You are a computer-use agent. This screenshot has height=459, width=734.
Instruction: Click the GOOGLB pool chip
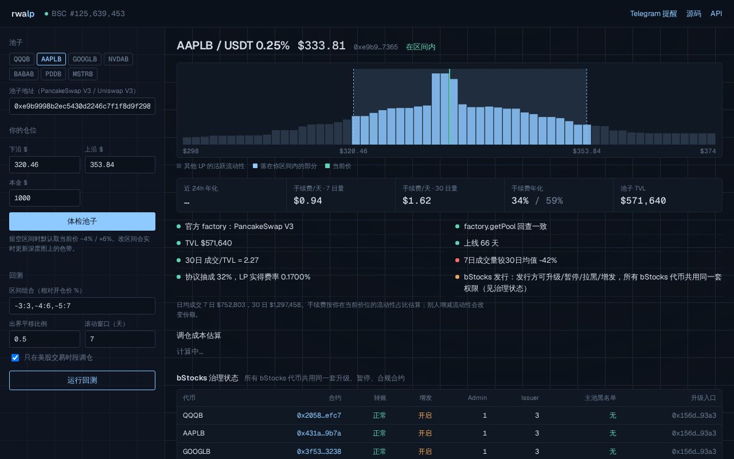tap(85, 59)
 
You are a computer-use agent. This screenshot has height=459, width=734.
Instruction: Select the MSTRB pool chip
tap(83, 74)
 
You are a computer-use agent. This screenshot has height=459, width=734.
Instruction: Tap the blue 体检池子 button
tap(82, 221)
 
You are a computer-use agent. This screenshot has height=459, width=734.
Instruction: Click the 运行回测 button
tap(82, 380)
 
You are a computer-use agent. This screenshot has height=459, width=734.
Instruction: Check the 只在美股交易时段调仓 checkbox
tap(15, 357)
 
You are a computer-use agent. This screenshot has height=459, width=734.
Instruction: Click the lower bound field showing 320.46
tap(45, 165)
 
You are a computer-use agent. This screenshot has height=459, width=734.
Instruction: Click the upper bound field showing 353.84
tap(120, 165)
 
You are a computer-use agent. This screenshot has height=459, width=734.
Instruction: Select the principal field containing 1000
tap(45, 198)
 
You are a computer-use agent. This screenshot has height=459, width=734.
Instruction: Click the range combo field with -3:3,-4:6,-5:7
tap(82, 306)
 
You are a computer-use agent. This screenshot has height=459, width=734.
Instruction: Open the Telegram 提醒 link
tap(653, 14)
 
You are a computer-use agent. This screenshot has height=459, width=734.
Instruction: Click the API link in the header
tap(716, 14)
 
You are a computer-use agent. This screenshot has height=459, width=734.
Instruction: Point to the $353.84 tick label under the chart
tap(587, 151)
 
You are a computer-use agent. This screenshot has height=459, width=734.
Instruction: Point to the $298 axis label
tap(191, 151)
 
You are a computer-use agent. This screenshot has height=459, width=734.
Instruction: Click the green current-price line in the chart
tap(449, 107)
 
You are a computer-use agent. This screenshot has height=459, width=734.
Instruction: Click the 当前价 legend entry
tap(338, 166)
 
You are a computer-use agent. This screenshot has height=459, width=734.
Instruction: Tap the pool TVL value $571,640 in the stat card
tap(643, 201)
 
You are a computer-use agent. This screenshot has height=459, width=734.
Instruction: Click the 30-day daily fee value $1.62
tap(416, 201)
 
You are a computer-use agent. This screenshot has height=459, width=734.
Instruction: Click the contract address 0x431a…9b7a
tap(319, 433)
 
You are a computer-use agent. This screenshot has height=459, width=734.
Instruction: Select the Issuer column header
tap(530, 398)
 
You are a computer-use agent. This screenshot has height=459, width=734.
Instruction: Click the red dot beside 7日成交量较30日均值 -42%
tap(457, 260)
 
